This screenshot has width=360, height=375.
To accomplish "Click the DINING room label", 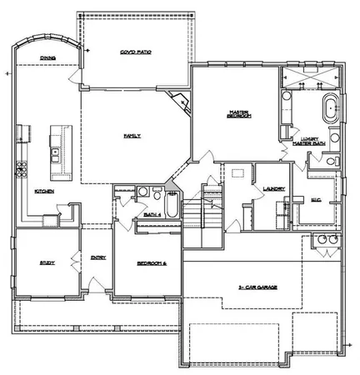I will (x=47, y=57).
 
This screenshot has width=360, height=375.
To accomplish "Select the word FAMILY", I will (x=132, y=135).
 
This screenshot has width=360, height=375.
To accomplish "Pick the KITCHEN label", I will (x=44, y=191).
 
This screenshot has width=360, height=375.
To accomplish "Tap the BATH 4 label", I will (x=152, y=214).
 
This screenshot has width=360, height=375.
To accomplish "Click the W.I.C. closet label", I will (x=315, y=199).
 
